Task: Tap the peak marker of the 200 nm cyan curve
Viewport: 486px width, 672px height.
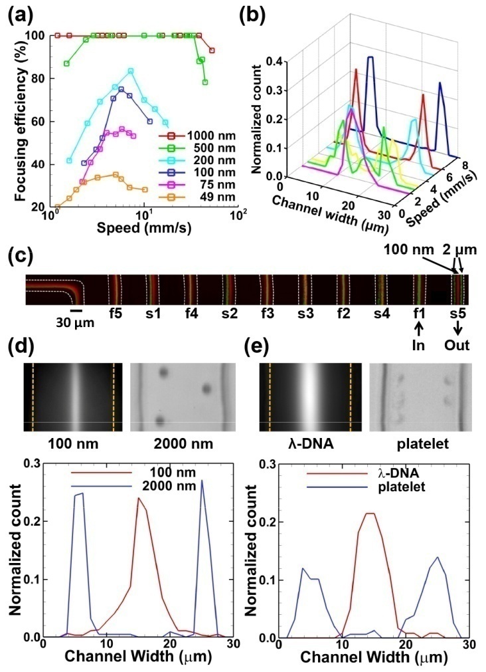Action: [131, 71]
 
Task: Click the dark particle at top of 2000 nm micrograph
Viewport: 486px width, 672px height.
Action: [162, 374]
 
